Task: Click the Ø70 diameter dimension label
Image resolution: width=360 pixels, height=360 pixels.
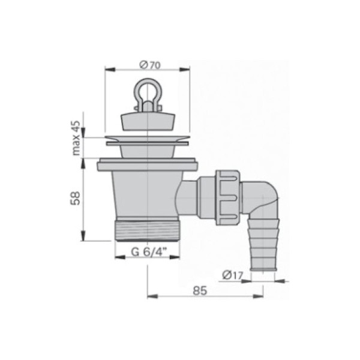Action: pos(150,65)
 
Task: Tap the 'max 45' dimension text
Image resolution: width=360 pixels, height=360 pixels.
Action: pos(76,138)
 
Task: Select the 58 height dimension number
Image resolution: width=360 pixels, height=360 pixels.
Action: pos(75,198)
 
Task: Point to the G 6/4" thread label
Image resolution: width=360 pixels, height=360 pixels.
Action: pos(149,252)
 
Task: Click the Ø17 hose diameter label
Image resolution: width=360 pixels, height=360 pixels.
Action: pos(232,275)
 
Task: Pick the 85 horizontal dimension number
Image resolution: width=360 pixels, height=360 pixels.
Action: pos(200,290)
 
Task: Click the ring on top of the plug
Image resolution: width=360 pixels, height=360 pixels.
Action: pos(148,92)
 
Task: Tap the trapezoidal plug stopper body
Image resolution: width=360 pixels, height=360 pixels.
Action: pos(148,121)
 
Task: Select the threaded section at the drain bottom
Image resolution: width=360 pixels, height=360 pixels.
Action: pos(148,230)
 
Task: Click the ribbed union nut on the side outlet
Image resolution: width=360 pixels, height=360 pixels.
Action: pos(228,197)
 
